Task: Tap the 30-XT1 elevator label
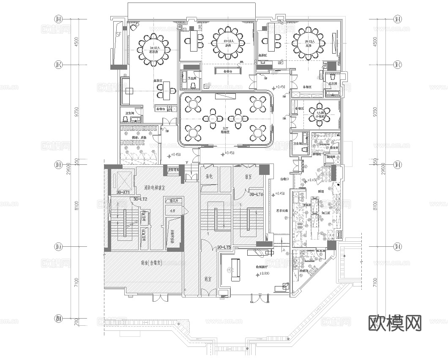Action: click(123, 192)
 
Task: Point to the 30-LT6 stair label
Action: click(257, 195)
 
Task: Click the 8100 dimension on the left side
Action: click(76, 205)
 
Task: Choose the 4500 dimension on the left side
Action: click(76, 42)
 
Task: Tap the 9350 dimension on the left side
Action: click(76, 114)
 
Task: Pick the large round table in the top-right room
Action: click(307, 43)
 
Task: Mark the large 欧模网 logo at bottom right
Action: click(395, 323)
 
